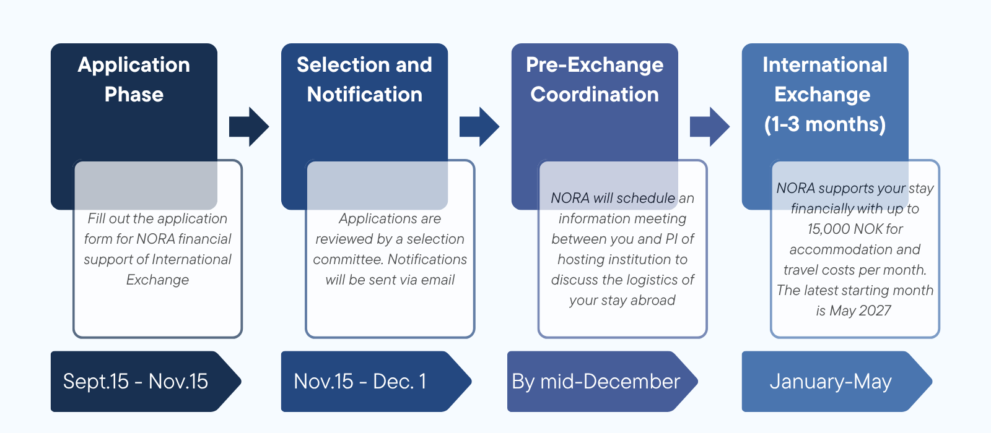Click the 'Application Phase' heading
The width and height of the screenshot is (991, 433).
pyautogui.click(x=134, y=80)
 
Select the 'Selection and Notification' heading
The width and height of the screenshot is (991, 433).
pyautogui.click(x=364, y=80)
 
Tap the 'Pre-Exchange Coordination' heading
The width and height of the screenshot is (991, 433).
pyautogui.click(x=595, y=80)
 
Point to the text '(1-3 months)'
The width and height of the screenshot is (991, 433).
pyautogui.click(x=825, y=124)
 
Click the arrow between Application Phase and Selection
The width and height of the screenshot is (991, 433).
pyautogui.click(x=249, y=127)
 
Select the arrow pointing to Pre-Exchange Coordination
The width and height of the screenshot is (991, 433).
pyautogui.click(x=479, y=127)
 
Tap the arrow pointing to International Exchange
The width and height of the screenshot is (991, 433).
pyautogui.click(x=710, y=127)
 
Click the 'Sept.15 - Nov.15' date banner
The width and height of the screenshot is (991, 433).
pyautogui.click(x=146, y=381)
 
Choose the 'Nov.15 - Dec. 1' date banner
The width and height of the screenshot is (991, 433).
pyautogui.click(x=376, y=381)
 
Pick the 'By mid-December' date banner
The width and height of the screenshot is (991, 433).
pyautogui.click(x=602, y=381)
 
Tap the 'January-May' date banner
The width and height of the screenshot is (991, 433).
pyautogui.click(x=837, y=381)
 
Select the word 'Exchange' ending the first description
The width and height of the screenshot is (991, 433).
pyautogui.click(x=157, y=280)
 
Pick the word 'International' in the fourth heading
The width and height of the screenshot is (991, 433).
pyautogui.click(x=825, y=65)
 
